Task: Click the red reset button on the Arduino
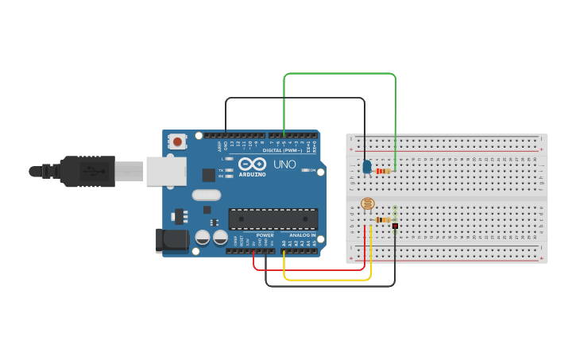177,142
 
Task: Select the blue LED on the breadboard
366,167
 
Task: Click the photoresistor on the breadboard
367,204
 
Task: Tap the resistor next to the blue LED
384,171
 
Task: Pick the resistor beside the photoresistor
383,220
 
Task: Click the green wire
340,74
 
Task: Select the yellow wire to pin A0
326,280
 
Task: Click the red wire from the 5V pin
310,270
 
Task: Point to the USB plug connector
87,171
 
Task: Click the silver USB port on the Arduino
166,171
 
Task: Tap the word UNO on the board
284,165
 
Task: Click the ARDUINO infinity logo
252,164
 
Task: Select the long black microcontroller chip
273,219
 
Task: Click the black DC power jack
175,239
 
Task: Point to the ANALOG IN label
301,235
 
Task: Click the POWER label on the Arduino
265,235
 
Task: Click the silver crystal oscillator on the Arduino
206,195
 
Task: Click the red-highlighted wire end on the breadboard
395,226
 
